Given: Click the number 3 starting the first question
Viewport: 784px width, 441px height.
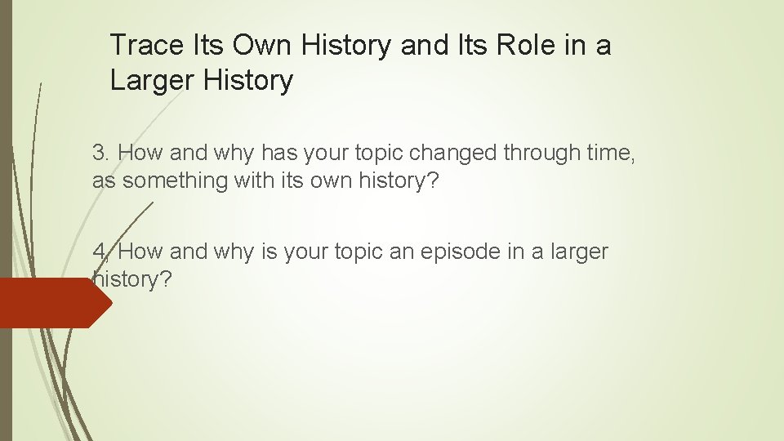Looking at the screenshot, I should [100, 152].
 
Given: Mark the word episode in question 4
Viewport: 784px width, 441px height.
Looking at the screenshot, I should [453, 252].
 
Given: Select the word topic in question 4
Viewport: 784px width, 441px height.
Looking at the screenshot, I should [363, 252].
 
